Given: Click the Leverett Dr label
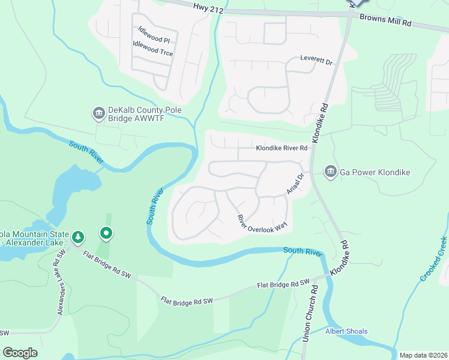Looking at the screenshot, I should point(316,59).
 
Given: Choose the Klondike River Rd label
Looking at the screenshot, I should point(282,148).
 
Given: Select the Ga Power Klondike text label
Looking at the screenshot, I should point(375,173).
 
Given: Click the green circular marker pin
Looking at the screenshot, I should point(106,232).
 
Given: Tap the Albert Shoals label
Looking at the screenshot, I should point(346,331).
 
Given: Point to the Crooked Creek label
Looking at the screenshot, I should point(434,258).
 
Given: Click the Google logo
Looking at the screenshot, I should point(20,353).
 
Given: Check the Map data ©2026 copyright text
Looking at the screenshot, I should point(423,355).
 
